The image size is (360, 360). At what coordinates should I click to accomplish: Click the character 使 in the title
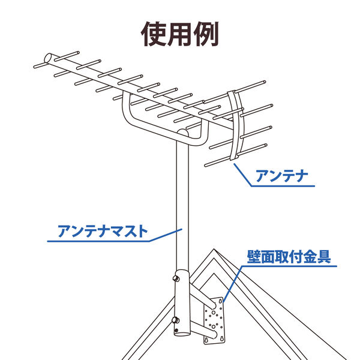coord(153,34)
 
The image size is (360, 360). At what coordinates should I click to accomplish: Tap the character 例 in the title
coord(206,34)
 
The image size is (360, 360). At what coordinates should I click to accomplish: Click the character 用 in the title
coord(179,34)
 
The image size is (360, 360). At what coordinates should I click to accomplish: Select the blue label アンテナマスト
coord(103,231)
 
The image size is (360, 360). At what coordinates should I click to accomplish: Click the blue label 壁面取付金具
coord(289,256)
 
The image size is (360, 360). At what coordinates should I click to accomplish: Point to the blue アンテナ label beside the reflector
coord(282,176)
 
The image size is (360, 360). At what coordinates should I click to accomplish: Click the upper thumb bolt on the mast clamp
coord(176,278)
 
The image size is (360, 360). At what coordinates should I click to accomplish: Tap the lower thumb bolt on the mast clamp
coord(176,320)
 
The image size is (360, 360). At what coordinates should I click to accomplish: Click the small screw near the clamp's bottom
coord(176,331)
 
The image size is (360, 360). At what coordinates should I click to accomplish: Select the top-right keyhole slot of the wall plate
coord(220,301)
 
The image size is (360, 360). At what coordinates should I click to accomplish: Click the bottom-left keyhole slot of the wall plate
coord(206,339)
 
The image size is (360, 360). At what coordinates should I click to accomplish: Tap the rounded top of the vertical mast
coord(183,132)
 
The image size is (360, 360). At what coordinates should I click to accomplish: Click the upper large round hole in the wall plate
coord(214,313)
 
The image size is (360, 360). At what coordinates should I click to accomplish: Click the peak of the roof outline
coord(214,249)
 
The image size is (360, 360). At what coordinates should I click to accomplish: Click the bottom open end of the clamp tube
coord(182,334)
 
